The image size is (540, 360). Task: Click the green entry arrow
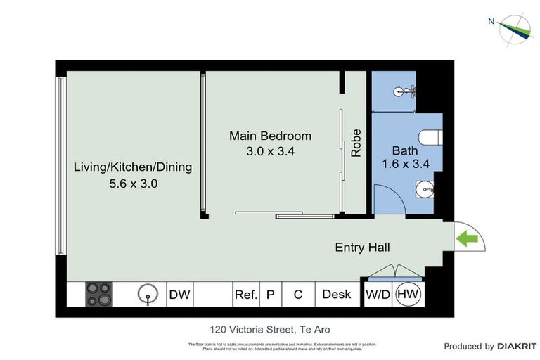(468, 240)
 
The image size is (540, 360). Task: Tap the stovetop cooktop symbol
(99, 295)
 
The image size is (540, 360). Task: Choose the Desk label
(336, 295)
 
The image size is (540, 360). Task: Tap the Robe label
(356, 143)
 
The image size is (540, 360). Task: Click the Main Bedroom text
(270, 136)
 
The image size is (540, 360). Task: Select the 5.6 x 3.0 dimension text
(134, 184)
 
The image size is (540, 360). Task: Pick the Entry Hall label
(362, 247)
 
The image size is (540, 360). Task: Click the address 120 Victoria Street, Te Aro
(269, 329)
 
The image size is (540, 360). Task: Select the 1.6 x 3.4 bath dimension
(405, 165)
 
